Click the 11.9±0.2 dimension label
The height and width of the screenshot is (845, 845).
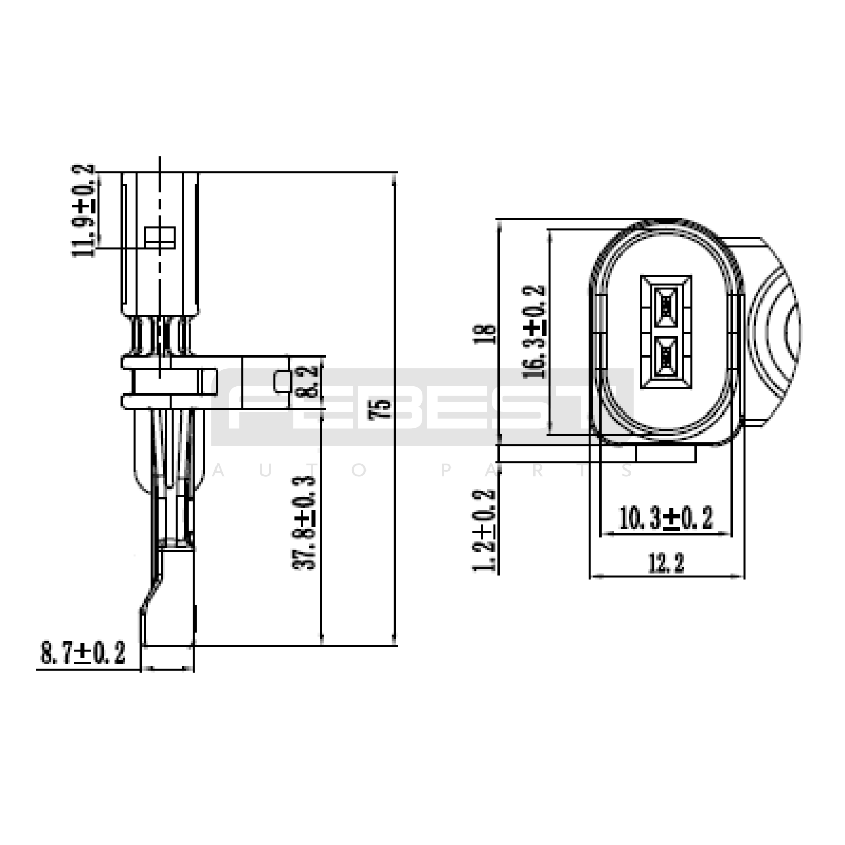click(84, 210)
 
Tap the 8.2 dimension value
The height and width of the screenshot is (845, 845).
click(311, 381)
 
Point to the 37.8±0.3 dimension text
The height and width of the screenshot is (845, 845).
click(304, 522)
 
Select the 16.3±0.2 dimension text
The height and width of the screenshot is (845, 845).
click(534, 331)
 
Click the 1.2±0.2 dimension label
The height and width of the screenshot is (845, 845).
click(484, 530)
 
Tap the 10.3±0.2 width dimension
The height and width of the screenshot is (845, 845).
click(666, 518)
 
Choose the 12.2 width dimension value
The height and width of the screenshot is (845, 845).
click(666, 563)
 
